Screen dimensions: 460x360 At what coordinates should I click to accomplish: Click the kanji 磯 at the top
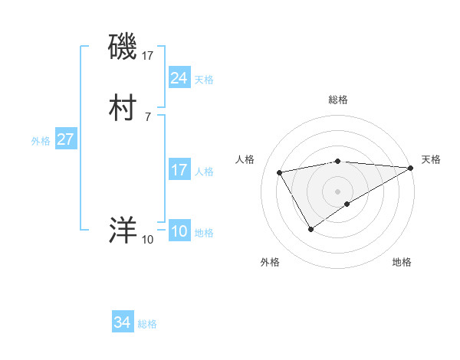click(123, 48)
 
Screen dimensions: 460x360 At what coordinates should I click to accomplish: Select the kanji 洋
click(123, 230)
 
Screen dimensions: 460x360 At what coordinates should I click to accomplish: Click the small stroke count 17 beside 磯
click(149, 56)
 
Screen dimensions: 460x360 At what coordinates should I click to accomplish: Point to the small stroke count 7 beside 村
click(147, 116)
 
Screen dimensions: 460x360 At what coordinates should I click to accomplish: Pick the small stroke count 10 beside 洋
click(147, 240)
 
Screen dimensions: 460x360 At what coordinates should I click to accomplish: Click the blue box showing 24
click(179, 78)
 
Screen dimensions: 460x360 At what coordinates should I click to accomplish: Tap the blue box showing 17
click(179, 170)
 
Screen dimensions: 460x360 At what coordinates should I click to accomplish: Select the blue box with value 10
click(179, 231)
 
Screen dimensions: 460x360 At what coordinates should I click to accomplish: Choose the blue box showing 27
click(65, 139)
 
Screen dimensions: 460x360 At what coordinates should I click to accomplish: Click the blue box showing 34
click(122, 322)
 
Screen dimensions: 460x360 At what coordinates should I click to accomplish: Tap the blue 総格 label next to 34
click(147, 324)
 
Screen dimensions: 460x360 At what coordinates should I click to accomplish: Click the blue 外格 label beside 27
click(41, 141)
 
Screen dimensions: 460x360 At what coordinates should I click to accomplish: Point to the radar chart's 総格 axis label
click(338, 100)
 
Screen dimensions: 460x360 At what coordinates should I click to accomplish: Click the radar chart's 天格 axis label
click(431, 159)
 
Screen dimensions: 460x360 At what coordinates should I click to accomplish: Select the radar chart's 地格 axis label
click(402, 262)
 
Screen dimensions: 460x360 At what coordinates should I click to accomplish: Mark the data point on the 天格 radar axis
click(412, 168)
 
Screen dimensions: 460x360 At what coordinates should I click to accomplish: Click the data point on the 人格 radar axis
click(280, 172)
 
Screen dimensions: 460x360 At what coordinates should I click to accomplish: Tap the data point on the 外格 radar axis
click(310, 229)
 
